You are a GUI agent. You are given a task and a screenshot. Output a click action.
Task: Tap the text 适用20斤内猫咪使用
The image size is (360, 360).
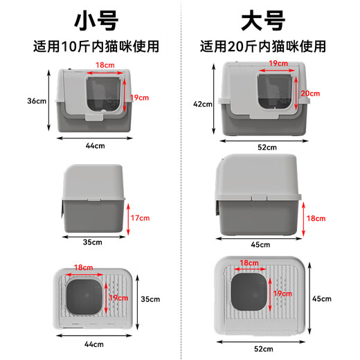(x=263, y=47)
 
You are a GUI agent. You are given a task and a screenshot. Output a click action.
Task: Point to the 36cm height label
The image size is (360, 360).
(x=36, y=100)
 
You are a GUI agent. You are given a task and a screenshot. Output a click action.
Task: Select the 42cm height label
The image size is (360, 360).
(x=203, y=103)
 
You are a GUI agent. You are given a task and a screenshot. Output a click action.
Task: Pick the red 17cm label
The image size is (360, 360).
(x=141, y=218)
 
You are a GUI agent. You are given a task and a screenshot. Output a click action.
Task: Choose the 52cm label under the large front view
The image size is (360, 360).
(x=267, y=147)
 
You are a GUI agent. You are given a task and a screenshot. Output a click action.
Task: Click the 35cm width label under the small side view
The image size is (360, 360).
(x=93, y=242)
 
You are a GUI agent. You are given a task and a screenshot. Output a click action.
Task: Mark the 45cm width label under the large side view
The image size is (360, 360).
(x=261, y=244)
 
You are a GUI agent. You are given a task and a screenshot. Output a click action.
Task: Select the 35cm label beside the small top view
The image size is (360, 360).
(x=151, y=300)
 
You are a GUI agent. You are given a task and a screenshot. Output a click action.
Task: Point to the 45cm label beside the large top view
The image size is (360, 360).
(x=322, y=299)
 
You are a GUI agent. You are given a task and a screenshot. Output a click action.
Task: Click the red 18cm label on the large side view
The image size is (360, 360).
(x=316, y=218)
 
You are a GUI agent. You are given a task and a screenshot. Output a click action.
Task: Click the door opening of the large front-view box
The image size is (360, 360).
(x=273, y=96)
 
